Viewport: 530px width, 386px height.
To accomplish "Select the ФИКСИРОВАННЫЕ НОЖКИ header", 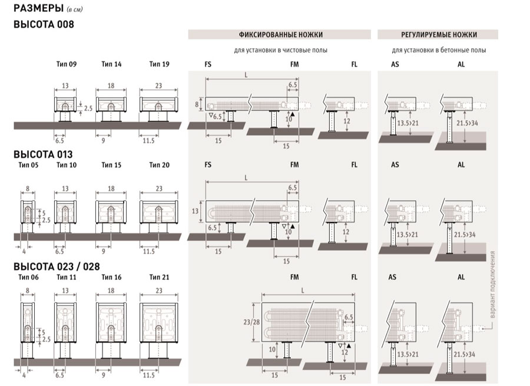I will point(281,35).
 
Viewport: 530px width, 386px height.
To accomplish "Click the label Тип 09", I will point(65,64).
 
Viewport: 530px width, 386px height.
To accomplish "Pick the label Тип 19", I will point(159,64).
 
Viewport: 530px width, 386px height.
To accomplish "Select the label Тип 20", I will point(159,165).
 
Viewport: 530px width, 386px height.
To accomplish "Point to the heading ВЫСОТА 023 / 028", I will point(57,266).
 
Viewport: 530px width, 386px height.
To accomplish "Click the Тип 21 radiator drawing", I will point(159,321).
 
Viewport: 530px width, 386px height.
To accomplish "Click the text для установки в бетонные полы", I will point(439,51).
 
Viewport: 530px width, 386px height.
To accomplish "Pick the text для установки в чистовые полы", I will point(281,51).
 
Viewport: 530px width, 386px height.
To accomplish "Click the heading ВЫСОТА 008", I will point(43,24).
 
